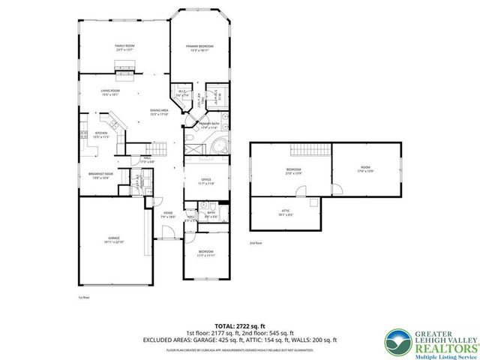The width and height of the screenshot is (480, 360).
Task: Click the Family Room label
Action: (124, 48)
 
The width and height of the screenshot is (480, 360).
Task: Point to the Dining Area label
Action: (158, 112)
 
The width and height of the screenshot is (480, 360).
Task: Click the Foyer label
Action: (169, 214)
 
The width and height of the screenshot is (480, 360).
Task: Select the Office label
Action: (205, 181)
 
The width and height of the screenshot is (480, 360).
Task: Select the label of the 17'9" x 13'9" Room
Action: (365, 170)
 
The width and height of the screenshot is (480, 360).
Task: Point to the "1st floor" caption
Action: (84, 298)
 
